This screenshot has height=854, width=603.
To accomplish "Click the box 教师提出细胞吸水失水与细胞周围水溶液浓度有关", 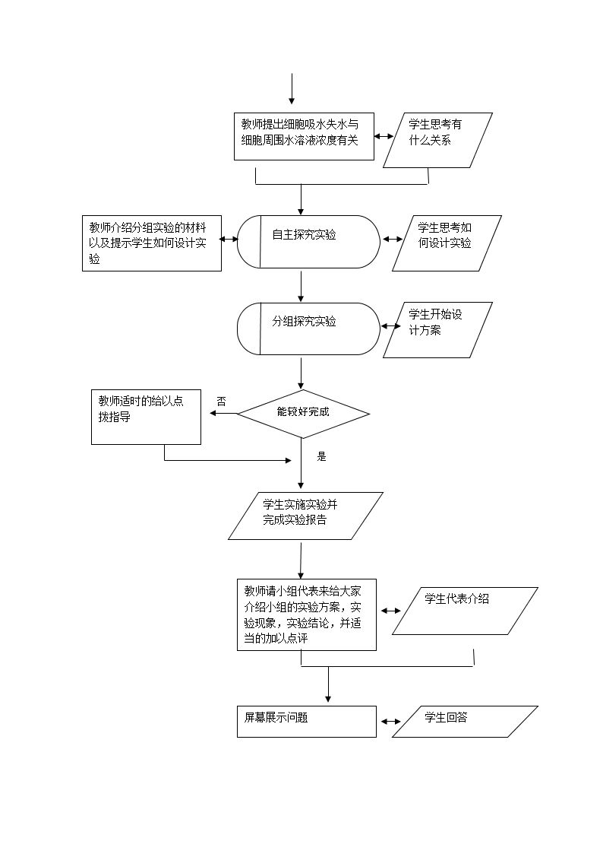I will (x=304, y=137).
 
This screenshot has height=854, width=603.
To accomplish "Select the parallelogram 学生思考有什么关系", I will (x=437, y=140).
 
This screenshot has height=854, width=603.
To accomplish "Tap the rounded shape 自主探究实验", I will (x=308, y=242).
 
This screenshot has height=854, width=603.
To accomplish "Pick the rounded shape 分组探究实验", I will (x=308, y=329).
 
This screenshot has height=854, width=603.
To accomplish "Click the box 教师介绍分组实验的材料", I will (x=152, y=243).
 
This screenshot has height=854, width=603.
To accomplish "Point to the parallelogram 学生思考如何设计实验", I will (x=447, y=243).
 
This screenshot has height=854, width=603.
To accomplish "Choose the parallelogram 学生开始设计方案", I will (x=437, y=330).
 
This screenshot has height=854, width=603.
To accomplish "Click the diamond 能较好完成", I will (x=303, y=414).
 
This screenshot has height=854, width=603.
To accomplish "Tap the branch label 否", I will (x=221, y=401).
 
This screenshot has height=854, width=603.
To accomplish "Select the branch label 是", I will (x=321, y=456).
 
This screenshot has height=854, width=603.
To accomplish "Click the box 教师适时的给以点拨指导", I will (x=146, y=417).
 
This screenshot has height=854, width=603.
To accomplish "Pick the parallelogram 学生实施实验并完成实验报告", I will (x=305, y=516).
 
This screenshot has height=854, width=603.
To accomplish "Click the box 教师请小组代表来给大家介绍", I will (x=307, y=614).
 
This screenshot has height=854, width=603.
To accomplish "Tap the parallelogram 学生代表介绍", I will (x=465, y=611).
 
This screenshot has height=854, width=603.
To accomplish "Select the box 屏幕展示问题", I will (x=307, y=721).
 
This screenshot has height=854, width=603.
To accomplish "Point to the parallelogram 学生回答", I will (x=465, y=721).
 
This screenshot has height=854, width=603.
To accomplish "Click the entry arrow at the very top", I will (x=292, y=90).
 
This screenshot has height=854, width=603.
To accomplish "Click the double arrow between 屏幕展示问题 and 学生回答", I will (x=390, y=722).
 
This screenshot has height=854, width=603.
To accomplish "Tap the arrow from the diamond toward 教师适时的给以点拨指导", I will (x=223, y=414).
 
